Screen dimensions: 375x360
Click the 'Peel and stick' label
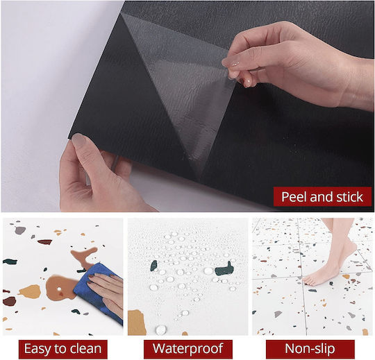(322, 197)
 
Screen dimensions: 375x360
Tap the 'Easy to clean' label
(63, 349)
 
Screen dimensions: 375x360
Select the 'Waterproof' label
(188, 349)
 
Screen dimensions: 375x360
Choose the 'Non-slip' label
(310, 349)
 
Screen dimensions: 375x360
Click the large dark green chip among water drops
(224, 269)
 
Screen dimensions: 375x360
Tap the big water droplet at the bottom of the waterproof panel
(160, 330)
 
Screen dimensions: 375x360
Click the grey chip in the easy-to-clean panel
(20, 230)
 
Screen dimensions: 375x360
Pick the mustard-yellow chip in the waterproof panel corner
(137, 323)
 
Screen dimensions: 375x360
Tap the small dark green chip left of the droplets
(153, 266)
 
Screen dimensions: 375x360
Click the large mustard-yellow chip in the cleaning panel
(31, 292)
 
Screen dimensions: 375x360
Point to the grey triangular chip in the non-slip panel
(278, 314)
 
